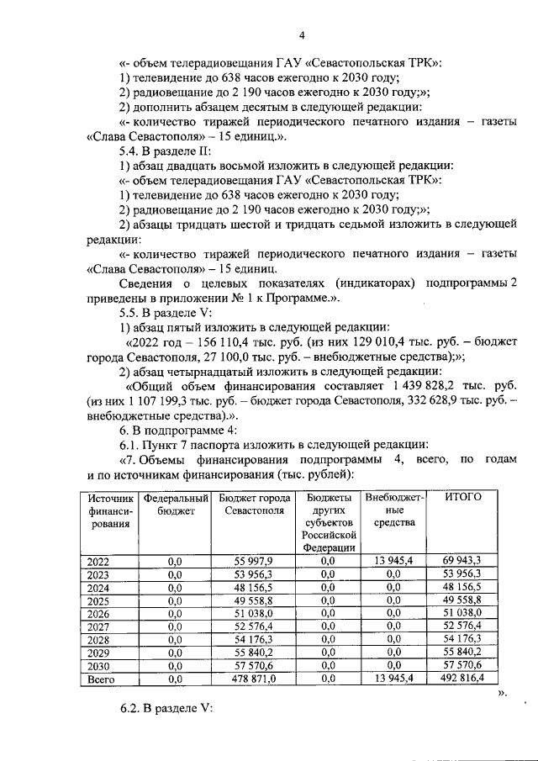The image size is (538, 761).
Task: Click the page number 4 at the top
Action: (302, 34)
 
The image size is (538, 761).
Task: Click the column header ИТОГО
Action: (462, 497)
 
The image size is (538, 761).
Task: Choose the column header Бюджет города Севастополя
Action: (255, 504)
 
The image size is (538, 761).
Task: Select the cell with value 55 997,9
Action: (255, 561)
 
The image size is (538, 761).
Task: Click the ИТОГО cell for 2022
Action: (462, 561)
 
